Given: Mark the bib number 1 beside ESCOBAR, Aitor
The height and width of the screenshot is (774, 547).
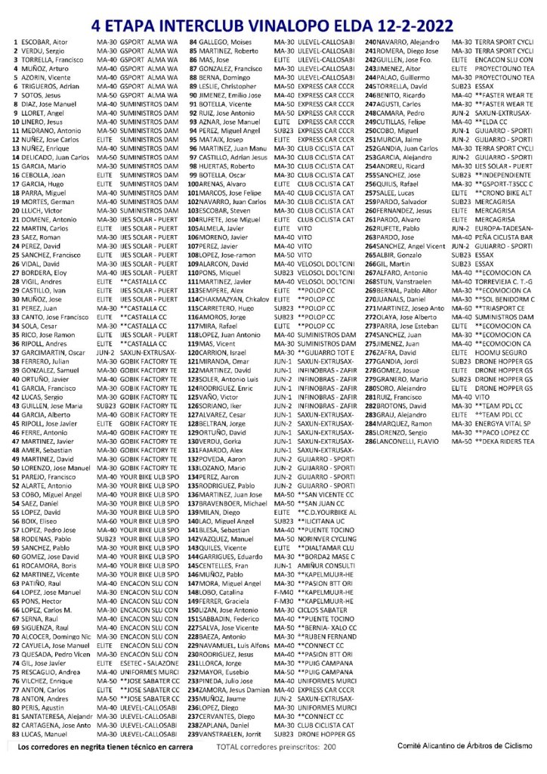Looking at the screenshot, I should click(x=17, y=40).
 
